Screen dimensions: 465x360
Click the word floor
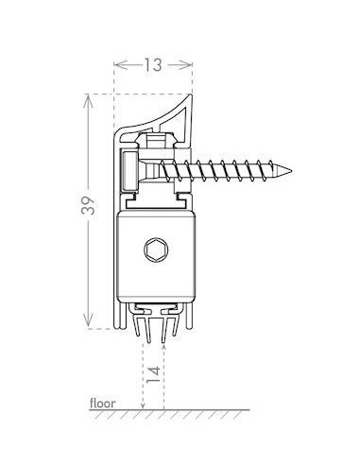tap(102, 402)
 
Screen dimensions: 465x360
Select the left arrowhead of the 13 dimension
tap(117, 65)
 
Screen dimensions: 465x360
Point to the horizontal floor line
tap(198, 409)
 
